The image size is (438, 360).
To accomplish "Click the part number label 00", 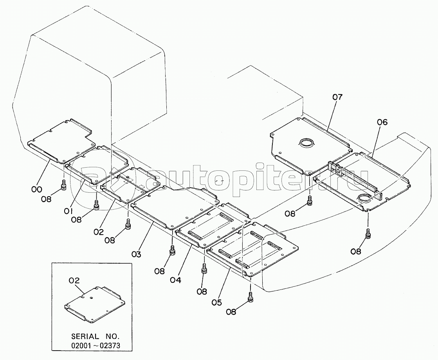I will [37, 189].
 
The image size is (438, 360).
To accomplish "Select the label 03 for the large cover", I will [136, 254].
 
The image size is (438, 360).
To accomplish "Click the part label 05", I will [216, 302].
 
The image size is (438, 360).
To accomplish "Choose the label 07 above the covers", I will [337, 97].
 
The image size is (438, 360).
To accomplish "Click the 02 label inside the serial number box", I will [74, 280].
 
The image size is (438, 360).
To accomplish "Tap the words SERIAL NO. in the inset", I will [96, 336].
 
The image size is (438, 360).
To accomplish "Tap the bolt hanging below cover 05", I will [251, 297].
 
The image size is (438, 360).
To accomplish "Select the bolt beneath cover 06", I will [368, 235].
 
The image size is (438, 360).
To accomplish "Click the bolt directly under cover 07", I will [310, 201].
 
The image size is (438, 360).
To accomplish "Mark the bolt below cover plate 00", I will [63, 184].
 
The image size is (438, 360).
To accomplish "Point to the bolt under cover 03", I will [128, 224].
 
